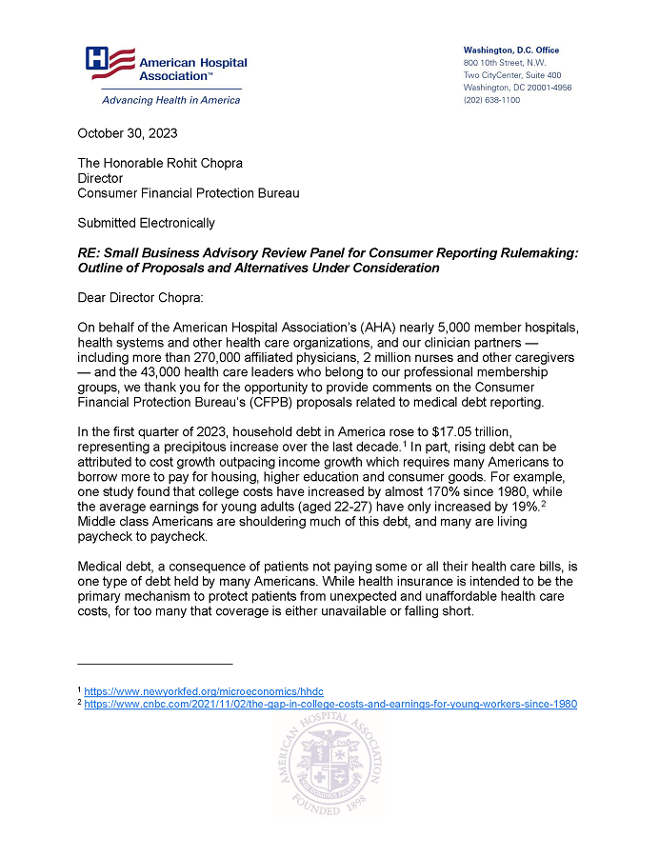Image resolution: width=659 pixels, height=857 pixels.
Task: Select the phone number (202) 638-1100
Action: click(491, 100)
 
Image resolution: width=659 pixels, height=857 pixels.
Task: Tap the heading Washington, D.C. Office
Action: click(510, 50)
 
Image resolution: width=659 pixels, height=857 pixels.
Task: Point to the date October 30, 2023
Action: click(128, 133)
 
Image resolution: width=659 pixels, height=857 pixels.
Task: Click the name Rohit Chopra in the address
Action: click(203, 163)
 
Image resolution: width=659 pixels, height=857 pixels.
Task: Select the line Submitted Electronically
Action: click(146, 223)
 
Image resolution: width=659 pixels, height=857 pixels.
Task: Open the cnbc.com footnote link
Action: click(330, 705)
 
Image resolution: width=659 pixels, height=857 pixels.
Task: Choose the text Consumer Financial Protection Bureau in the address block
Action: click(189, 193)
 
